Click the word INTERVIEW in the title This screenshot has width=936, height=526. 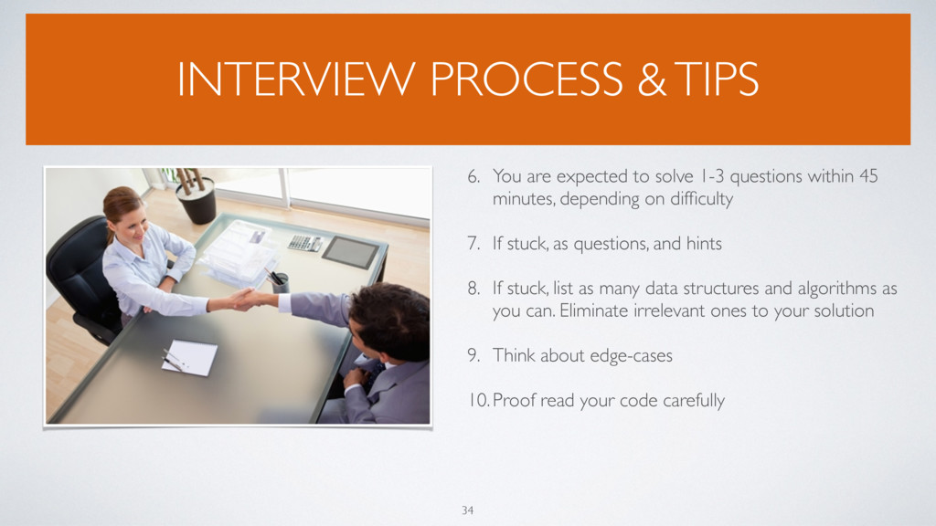[296, 79]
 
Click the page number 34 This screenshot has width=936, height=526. [467, 510]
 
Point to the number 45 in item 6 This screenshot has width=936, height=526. [868, 176]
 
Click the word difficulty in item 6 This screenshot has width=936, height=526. [701, 198]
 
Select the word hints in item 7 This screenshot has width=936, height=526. [704, 243]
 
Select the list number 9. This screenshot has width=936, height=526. [474, 355]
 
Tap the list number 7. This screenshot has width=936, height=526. [474, 243]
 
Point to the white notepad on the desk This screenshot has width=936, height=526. [190, 357]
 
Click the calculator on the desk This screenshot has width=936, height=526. [303, 243]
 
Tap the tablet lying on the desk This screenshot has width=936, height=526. [350, 252]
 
